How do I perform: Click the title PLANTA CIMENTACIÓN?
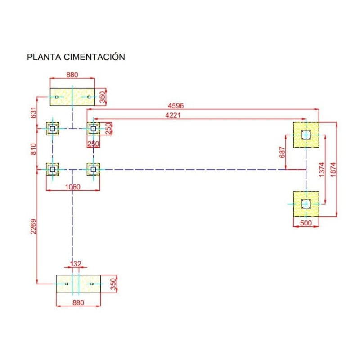(x=76, y=57)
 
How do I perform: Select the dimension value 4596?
(x=176, y=106)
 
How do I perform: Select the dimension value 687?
(x=282, y=153)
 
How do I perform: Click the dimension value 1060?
(x=72, y=187)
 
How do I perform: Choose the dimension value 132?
(x=76, y=264)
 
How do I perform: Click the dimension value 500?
(x=306, y=223)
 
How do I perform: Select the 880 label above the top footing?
(x=72, y=75)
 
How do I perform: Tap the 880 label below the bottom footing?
(x=78, y=303)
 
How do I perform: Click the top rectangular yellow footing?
(x=72, y=97)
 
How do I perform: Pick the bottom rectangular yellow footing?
(x=78, y=284)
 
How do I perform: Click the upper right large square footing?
(x=306, y=135)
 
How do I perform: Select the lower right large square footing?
(x=306, y=204)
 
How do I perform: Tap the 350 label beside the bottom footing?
(x=113, y=284)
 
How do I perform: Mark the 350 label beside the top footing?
(x=102, y=98)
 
